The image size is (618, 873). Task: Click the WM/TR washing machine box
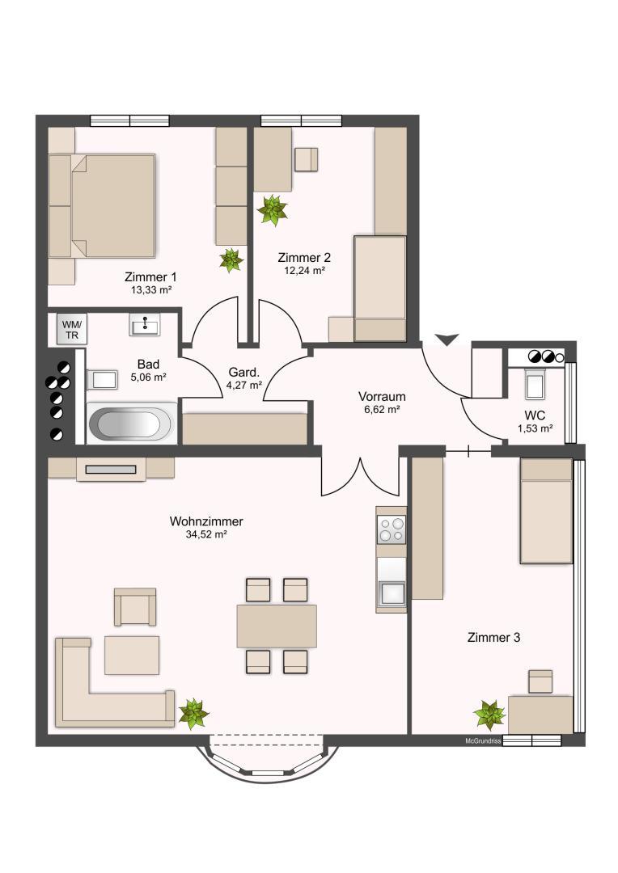coord(71,329)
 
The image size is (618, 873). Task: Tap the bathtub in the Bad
coord(132,423)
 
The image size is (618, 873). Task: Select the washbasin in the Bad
coord(145,324)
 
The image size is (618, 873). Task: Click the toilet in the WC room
coord(535,384)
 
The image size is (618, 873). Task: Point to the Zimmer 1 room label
coord(150,276)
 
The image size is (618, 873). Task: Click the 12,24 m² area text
coord(304,271)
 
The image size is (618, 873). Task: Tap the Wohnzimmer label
coord(206,521)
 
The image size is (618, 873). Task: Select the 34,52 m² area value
coord(206,534)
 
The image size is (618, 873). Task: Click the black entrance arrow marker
coord(447,339)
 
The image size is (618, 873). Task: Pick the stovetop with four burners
coord(392,529)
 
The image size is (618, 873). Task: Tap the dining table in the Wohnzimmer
coord(277,626)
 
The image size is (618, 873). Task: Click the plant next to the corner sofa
coord(193,713)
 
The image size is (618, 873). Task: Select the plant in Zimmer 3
coord(489,715)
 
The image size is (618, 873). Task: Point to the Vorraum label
coord(382,397)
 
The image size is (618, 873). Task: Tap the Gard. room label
coord(244,373)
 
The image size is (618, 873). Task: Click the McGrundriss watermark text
coord(483,741)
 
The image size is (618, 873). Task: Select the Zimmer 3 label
coord(493,638)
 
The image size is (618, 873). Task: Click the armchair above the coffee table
coord(135,606)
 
